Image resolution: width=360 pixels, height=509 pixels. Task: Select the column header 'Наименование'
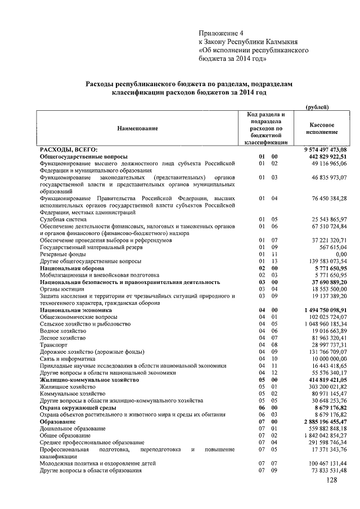137,128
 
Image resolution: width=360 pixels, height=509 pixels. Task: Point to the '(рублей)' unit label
318,107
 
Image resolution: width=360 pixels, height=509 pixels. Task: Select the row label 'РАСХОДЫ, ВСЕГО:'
68,149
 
